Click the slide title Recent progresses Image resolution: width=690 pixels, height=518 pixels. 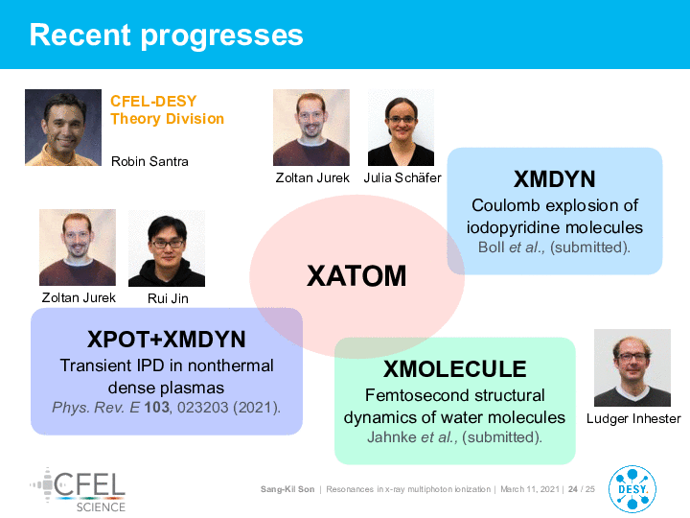[167, 35]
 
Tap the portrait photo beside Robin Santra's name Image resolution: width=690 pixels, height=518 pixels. [63, 128]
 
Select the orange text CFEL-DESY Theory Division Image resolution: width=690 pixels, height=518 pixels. [167, 109]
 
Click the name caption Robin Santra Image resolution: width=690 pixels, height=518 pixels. [149, 161]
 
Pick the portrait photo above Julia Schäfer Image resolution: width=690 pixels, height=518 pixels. [401, 128]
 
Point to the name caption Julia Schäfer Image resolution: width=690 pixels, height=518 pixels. [402, 177]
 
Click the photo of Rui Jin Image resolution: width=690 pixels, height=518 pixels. [167, 248]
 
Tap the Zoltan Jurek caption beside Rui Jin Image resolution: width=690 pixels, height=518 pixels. [79, 297]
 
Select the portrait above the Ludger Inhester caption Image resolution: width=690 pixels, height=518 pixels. [632, 367]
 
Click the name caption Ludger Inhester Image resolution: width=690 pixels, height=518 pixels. [633, 418]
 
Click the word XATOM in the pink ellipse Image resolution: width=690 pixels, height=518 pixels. [356, 276]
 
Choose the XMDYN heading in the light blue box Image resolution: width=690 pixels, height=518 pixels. [555, 179]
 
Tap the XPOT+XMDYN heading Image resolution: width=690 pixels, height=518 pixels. [167, 340]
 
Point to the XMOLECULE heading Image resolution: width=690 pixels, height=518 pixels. [455, 369]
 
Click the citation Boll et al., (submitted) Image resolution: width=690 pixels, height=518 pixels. [555, 247]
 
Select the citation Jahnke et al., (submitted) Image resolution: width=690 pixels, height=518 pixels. [454, 437]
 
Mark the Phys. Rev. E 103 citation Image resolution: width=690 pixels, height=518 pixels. [167, 408]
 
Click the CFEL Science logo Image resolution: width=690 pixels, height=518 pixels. [78, 490]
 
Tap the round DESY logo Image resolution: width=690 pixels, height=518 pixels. [632, 489]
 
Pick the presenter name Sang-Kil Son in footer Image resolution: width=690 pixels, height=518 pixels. [287, 489]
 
